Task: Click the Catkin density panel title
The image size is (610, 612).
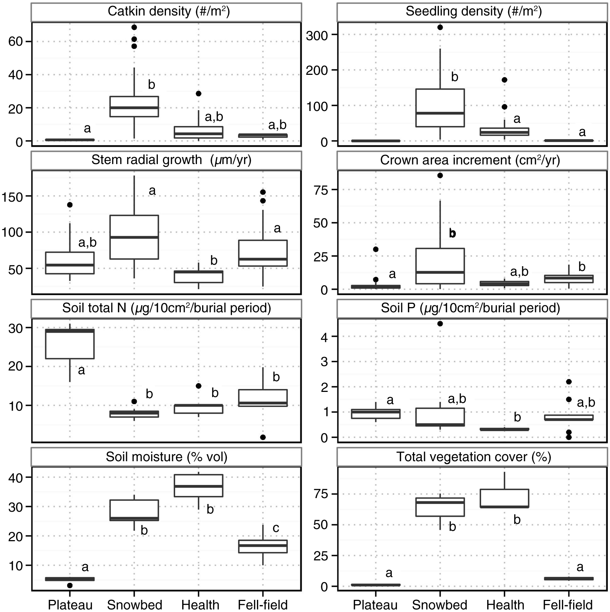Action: pos(169,11)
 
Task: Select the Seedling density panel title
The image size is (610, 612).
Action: pos(474,11)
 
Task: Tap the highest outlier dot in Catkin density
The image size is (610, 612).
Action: pos(134,27)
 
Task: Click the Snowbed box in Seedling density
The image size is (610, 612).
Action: pos(440,108)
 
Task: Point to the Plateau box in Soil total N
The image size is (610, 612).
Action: pos(70,344)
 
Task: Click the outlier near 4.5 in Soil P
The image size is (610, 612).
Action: pos(440,324)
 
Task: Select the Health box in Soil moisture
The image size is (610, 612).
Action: pos(198,486)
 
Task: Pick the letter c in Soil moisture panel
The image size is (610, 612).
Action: pos(276,528)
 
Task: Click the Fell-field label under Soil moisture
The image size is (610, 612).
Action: pos(263,605)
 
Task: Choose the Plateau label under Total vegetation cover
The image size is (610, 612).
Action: pos(375,605)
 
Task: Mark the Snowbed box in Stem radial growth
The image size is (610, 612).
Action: pos(134,237)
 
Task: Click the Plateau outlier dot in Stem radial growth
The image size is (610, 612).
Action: pos(70,205)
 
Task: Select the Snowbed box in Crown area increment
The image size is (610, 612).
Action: pos(440,266)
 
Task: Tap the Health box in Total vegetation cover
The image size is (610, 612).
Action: pos(504,498)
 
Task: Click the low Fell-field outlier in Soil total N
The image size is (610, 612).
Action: pos(263,437)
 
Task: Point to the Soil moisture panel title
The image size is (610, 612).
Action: pos(166,457)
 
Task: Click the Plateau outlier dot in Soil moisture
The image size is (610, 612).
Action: pos(70,585)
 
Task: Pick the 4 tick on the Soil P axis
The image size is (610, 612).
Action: pos(325,337)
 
